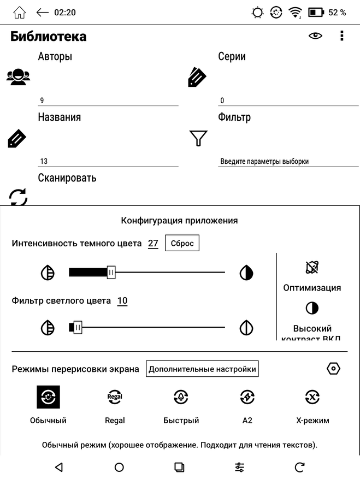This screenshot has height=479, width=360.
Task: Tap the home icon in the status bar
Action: tap(19, 12)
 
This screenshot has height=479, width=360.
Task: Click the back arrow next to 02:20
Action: tap(42, 12)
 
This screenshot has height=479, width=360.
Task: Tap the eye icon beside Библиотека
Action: tap(315, 36)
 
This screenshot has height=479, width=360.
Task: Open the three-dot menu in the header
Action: tap(342, 36)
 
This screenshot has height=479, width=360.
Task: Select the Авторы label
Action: tap(55, 56)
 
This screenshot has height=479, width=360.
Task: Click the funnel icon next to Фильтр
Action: tap(198, 138)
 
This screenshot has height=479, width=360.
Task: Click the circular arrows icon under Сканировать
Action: tap(18, 197)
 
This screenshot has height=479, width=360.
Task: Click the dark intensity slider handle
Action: tap(111, 272)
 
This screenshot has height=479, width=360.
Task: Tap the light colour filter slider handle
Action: tap(78, 328)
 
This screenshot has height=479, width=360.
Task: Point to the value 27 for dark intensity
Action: tap(153, 244)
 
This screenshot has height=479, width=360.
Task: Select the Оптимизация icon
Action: tap(312, 268)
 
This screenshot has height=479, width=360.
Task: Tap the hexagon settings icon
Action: tap(333, 369)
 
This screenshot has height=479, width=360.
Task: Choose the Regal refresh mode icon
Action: tap(115, 398)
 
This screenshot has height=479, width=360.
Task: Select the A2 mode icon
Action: tap(247, 398)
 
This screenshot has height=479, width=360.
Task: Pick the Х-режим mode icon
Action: tap(312, 398)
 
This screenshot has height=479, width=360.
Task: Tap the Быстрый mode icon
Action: tap(181, 398)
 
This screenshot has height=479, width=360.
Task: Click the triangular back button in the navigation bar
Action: tap(59, 467)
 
